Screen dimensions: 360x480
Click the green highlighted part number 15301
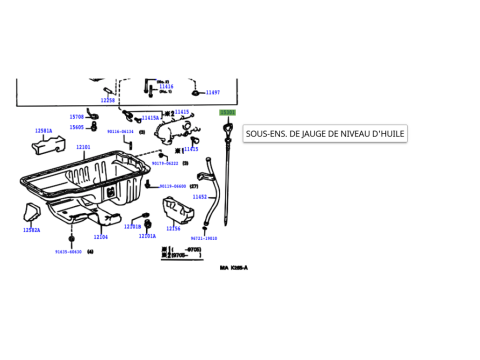point(228,113)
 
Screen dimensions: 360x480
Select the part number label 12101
point(83,147)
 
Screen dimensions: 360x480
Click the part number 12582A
point(32,230)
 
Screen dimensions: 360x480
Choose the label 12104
point(101,237)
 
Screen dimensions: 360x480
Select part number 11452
point(199,197)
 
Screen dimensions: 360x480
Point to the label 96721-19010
point(204,238)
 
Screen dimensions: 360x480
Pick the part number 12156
point(173,228)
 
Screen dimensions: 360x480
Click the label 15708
point(76,117)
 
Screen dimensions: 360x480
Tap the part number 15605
point(76,127)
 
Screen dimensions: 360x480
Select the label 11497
point(213,91)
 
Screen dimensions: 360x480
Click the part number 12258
point(108,100)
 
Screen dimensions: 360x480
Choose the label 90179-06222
point(166,163)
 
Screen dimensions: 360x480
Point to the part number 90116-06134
point(120,131)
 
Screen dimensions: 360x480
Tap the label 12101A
point(147,236)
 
